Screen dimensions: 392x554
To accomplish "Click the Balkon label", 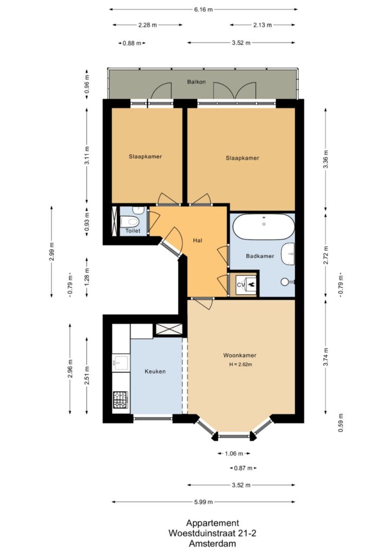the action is point(196,82).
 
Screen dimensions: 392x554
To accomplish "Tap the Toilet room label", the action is point(133,230).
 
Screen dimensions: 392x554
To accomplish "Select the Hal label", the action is point(198,240).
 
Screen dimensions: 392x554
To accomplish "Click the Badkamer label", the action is point(260,256).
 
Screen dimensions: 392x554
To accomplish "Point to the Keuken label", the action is point(155,371).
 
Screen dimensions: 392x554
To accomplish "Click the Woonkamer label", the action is point(240,355).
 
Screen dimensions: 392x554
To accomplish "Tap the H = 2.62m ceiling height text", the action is point(241,365).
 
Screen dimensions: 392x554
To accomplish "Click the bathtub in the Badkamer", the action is point(264,227).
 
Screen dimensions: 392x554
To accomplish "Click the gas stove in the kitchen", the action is point(121,400).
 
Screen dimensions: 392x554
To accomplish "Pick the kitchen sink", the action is point(121,363).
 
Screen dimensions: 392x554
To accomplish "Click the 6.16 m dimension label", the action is point(203,10).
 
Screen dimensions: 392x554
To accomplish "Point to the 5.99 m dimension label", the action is point(203,502).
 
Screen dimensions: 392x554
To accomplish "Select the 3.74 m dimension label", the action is point(326,357).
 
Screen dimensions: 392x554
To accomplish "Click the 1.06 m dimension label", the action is point(234,454).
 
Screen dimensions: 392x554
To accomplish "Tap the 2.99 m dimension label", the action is point(51,252).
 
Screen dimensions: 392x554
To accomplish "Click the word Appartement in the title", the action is point(212,523).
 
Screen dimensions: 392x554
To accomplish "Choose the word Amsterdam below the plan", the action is point(212,543).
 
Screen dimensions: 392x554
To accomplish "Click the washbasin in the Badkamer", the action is point(289,254).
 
